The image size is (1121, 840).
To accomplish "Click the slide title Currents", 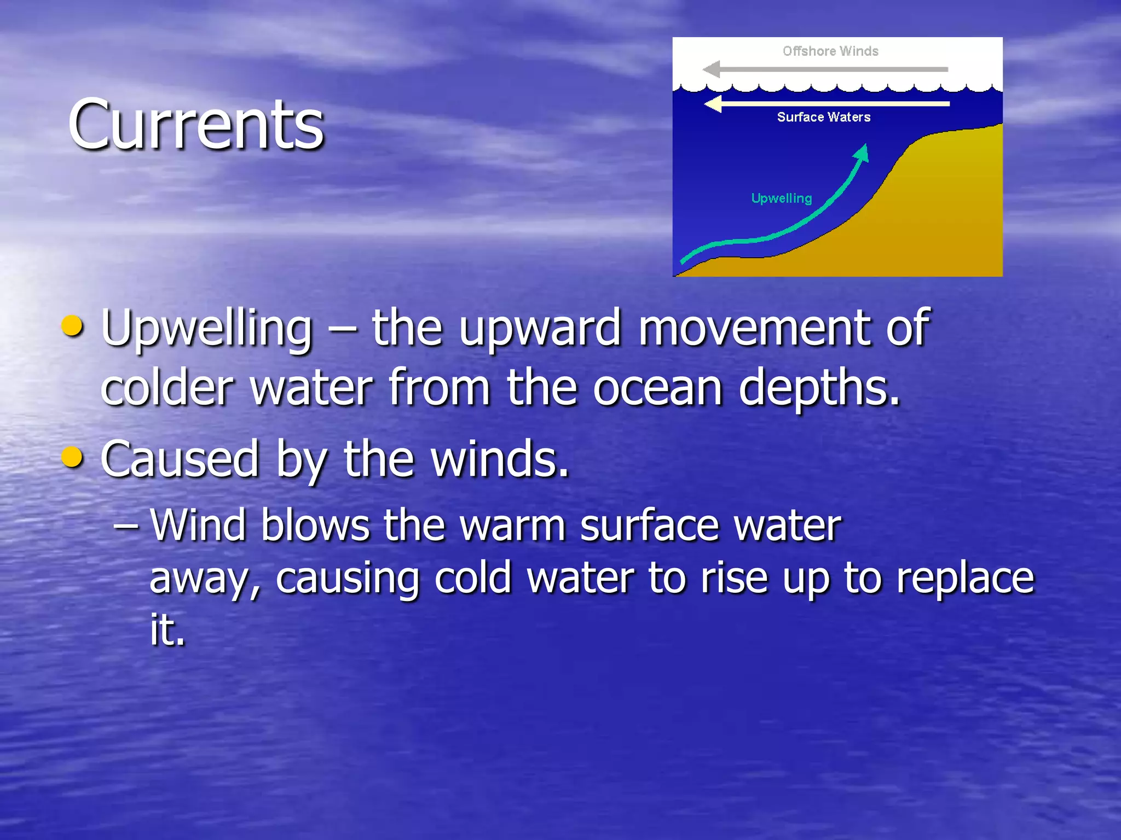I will pos(196,125).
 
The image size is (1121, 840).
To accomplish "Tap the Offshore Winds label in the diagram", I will pos(830,51).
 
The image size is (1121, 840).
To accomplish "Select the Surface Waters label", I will pos(823,117).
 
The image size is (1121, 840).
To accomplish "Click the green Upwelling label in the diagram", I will pos(781,198).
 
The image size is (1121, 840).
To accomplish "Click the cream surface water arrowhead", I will pos(713,103).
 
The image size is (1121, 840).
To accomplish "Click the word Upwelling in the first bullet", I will pos(206,329).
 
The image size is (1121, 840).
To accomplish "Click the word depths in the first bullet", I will pos(819,390).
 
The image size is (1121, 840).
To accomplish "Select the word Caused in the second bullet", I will pos(179,459).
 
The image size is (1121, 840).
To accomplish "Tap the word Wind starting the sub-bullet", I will pos(198,525).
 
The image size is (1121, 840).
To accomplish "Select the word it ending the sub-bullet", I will pos(166,630).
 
